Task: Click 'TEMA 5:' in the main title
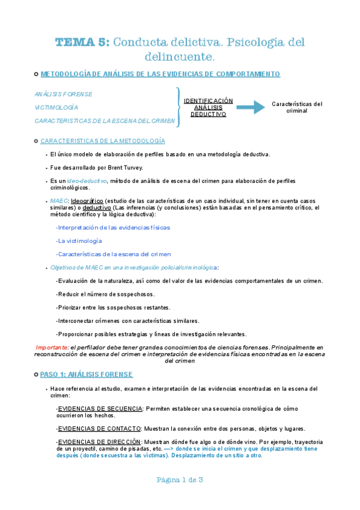[x=82, y=42]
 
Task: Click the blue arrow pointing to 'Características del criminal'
[x=250, y=108]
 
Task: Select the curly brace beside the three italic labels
[x=178, y=107]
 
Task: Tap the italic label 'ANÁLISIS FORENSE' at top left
[x=64, y=94]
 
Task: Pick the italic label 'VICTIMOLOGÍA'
[x=56, y=108]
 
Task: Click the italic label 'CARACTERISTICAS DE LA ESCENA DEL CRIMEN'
[x=105, y=121]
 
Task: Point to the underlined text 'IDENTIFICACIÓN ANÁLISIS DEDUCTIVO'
[x=208, y=107]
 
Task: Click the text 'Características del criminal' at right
[x=297, y=107]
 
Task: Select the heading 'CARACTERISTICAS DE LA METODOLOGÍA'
[x=102, y=141]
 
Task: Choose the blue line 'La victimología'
[x=80, y=241]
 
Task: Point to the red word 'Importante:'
[x=52, y=348]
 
